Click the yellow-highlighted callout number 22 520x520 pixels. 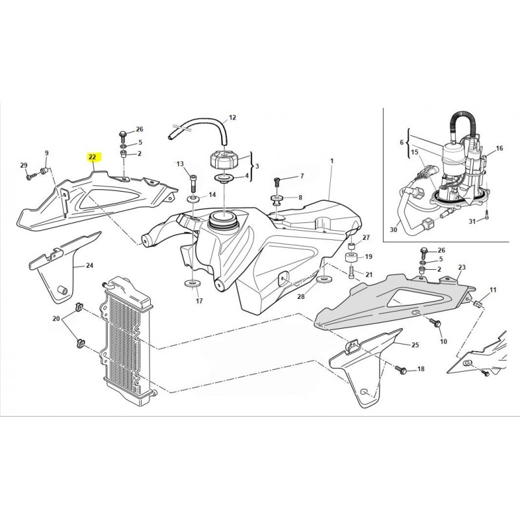(92, 157)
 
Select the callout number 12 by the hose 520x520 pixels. (233, 118)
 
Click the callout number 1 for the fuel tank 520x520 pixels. (331, 161)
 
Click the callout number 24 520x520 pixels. (90, 265)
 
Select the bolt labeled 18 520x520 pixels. (400, 368)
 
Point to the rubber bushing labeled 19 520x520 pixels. (352, 258)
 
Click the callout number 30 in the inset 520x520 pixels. (393, 229)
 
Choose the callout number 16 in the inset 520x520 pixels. (499, 148)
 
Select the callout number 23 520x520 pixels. (462, 267)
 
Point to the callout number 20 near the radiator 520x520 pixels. (56, 318)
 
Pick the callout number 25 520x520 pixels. (415, 345)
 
